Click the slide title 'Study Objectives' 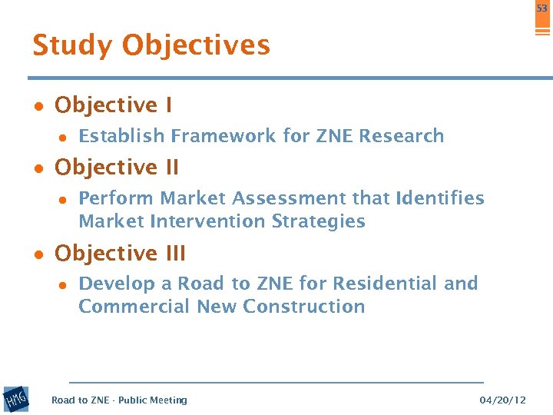[x=151, y=46]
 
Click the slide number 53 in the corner [x=542, y=9]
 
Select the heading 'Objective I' [x=114, y=105]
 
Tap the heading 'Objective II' [x=117, y=167]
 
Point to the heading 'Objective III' [x=121, y=253]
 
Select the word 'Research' [x=402, y=136]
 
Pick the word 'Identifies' [x=439, y=198]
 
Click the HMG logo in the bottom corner [x=16, y=400]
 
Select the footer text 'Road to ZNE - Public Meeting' [x=119, y=400]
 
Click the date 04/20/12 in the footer [x=502, y=400]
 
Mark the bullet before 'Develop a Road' [x=64, y=284]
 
